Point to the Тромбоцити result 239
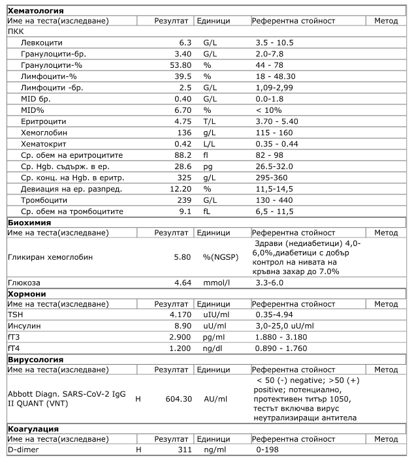(182, 200)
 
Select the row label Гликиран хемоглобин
(50, 257)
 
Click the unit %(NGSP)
(220, 257)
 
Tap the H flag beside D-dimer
(138, 450)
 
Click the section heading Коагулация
(33, 429)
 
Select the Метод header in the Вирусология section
(386, 370)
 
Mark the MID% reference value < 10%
(268, 110)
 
